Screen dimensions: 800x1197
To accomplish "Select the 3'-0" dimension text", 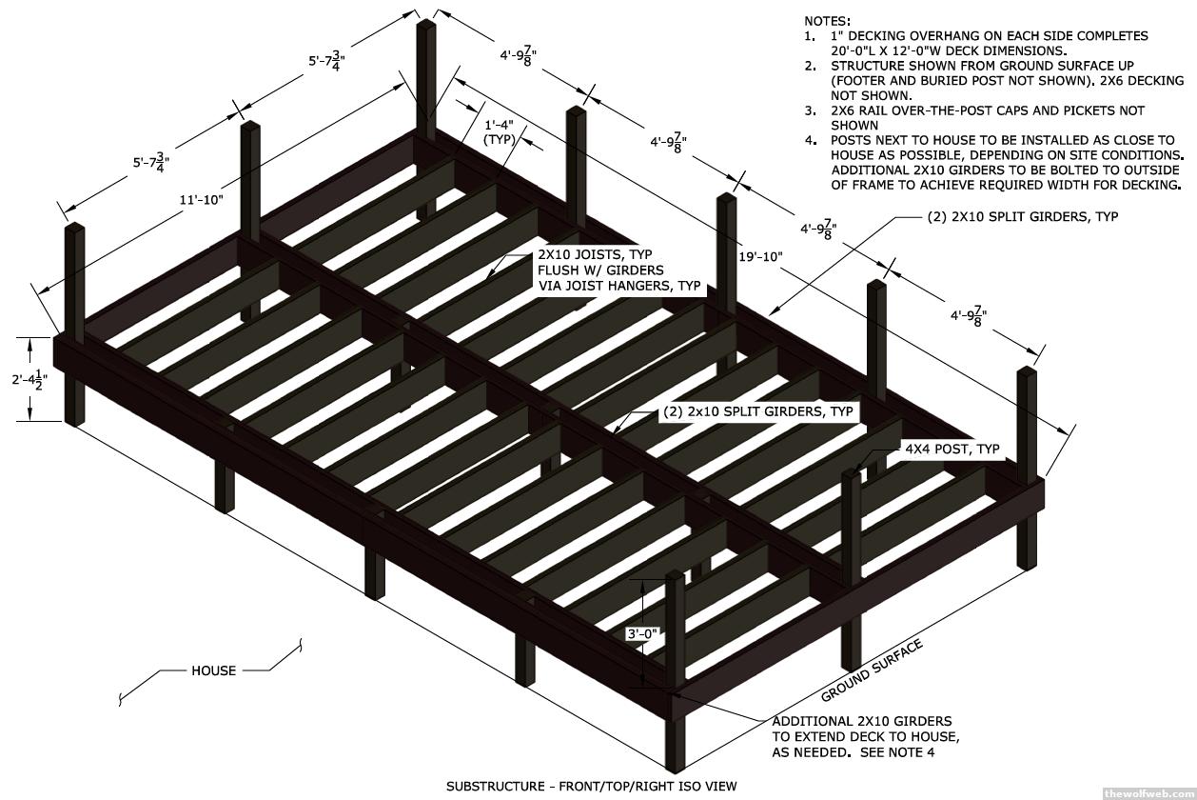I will (x=641, y=633).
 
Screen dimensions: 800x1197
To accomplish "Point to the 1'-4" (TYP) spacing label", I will (x=500, y=131).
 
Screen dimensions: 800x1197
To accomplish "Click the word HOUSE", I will (x=213, y=670).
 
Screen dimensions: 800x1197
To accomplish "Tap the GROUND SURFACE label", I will (x=872, y=670).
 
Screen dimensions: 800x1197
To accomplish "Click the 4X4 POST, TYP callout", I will (x=952, y=450).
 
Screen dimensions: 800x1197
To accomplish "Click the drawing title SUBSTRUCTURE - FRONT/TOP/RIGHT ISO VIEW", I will (x=591, y=787).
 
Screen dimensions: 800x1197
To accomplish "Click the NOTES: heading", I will (x=827, y=20).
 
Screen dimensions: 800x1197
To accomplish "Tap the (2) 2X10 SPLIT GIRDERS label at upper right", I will (x=1023, y=216).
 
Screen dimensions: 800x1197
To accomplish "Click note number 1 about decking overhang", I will (x=980, y=43).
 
